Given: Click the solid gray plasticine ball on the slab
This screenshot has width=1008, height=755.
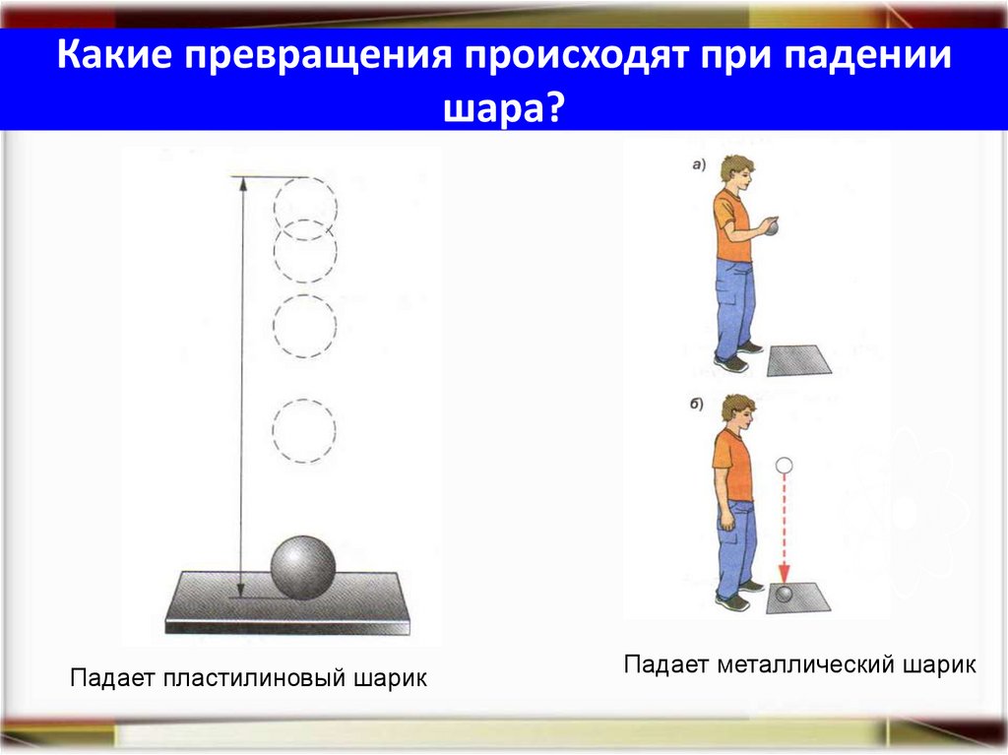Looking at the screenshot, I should [303, 568].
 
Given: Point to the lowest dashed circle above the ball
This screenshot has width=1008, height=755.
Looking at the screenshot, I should [304, 430].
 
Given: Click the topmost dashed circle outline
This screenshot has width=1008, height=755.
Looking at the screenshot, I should [305, 205].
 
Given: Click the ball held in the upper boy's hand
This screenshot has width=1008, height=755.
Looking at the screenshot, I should [774, 228].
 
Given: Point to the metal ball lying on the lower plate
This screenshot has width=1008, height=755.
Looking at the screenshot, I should [785, 594].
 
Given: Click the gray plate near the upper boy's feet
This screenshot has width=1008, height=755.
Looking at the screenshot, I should [798, 360].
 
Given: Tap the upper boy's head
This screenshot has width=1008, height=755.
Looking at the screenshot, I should [735, 169].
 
